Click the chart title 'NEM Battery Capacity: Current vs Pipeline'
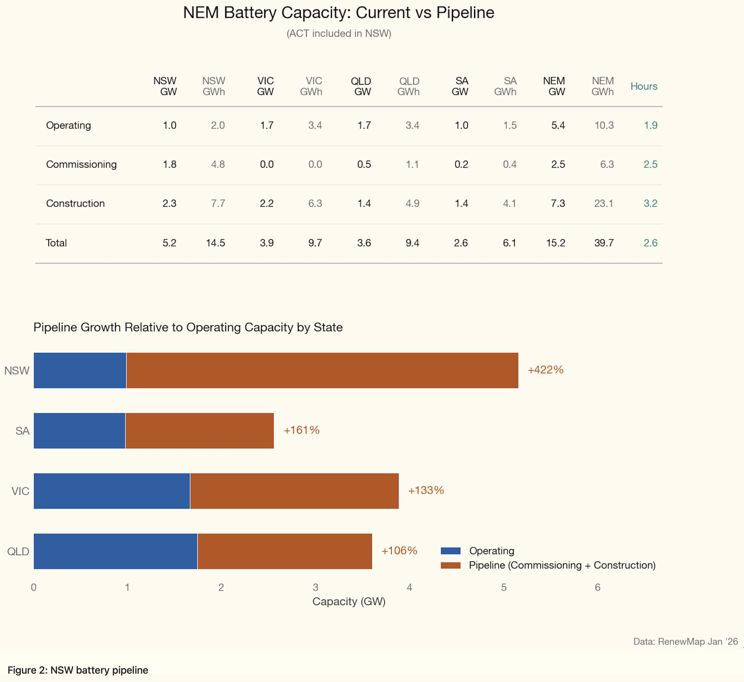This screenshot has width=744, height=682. point(338,13)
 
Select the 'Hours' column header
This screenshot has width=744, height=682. point(644,86)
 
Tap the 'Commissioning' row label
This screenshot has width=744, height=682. point(81,164)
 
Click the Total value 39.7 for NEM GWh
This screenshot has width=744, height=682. point(604,243)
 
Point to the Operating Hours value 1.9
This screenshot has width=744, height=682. point(650,125)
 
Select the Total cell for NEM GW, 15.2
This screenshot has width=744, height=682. point(555,243)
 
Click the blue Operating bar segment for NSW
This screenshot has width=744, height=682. point(80,370)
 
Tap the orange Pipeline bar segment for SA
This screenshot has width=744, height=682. point(199,431)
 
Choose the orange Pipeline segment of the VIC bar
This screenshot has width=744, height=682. point(294,491)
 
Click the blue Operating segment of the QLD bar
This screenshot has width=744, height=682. point(115,551)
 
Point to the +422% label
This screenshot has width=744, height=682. point(545,370)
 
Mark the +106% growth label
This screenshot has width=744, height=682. point(399,551)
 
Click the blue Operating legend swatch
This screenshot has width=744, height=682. point(450,551)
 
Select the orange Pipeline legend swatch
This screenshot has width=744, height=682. point(450,565)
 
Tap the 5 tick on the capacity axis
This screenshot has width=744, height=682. point(503,587)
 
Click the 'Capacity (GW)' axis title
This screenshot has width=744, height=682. point(349,601)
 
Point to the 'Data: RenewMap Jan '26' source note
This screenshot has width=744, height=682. point(685,641)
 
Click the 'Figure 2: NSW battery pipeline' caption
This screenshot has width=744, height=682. point(78,670)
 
